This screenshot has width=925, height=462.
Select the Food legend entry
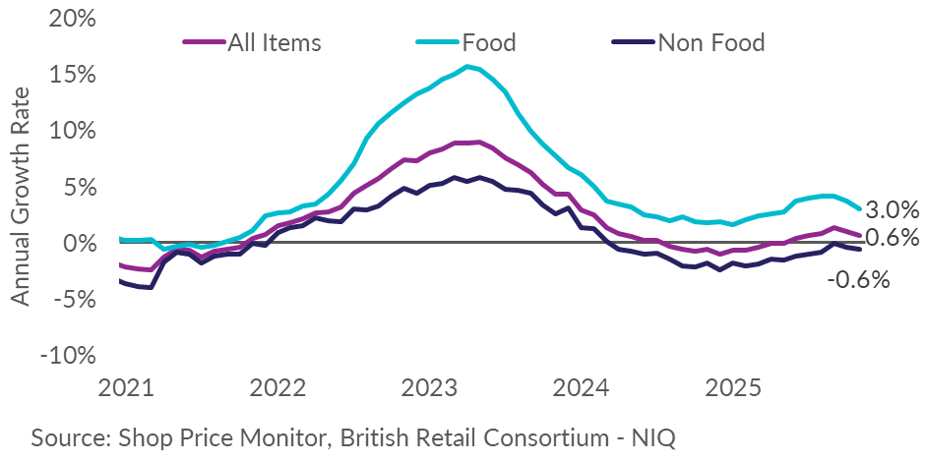489,42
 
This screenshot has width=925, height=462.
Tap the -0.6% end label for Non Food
857,280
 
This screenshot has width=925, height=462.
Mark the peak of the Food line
467,66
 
